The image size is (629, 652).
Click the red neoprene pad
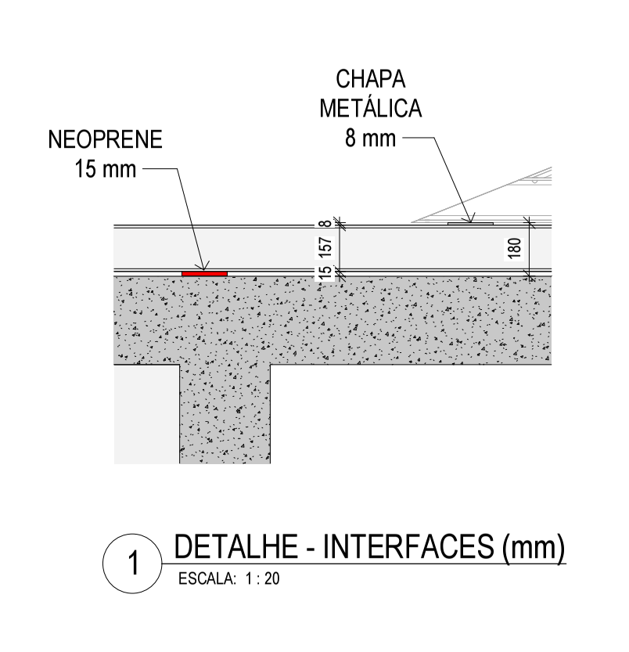click(x=204, y=273)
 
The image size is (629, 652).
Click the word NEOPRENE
click(x=105, y=141)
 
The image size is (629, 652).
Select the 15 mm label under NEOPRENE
click(x=105, y=169)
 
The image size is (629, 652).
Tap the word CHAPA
click(x=370, y=80)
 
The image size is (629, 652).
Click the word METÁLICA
click(x=370, y=108)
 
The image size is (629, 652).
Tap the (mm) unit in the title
click(x=532, y=549)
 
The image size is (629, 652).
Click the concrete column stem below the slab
click(x=225, y=415)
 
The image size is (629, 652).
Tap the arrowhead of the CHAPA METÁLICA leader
click(x=473, y=221)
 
